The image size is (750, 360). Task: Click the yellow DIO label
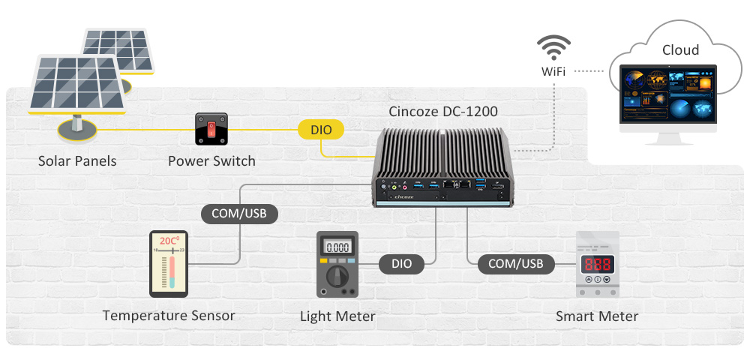pyautogui.click(x=321, y=130)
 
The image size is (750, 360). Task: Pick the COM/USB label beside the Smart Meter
pyautogui.click(x=515, y=263)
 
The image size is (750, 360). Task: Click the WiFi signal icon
pyautogui.click(x=553, y=48)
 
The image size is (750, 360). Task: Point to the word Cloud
pyautogui.click(x=680, y=50)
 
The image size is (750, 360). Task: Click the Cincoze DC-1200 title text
pyautogui.click(x=443, y=112)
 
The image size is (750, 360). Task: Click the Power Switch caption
pyautogui.click(x=211, y=161)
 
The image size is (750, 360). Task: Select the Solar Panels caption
pyautogui.click(x=77, y=161)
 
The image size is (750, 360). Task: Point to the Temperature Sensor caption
pyautogui.click(x=169, y=316)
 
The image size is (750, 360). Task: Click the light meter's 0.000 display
pyautogui.click(x=337, y=247)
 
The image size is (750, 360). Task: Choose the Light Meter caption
pyautogui.click(x=337, y=316)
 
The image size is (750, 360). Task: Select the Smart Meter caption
pyautogui.click(x=597, y=316)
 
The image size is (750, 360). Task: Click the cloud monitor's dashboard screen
pyautogui.click(x=667, y=95)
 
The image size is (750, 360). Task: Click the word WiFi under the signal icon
pyautogui.click(x=553, y=72)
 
